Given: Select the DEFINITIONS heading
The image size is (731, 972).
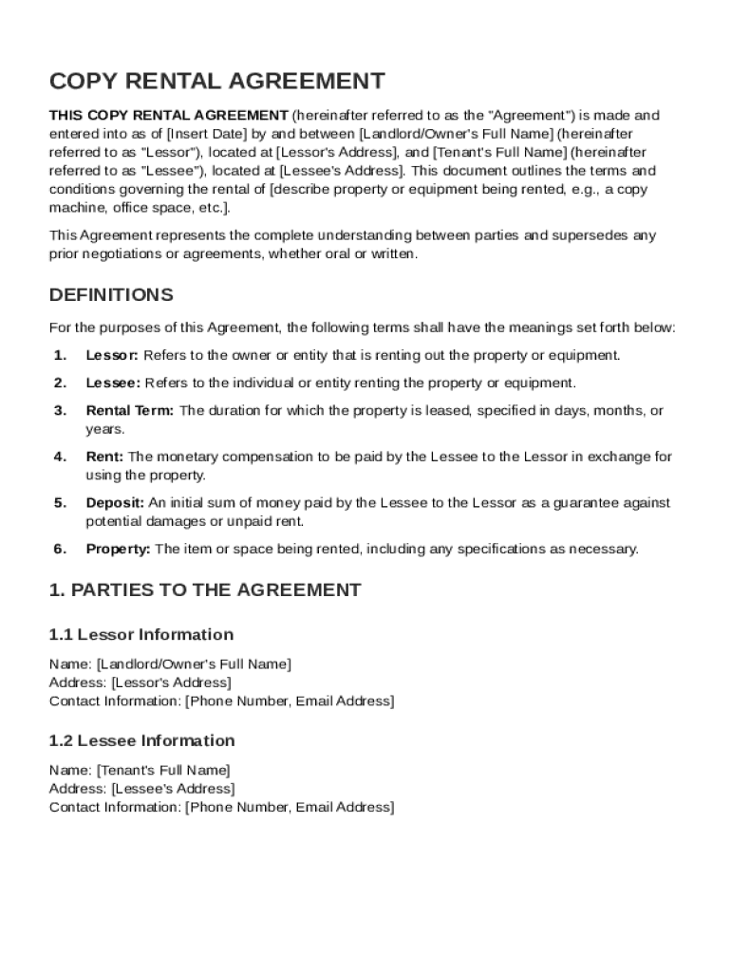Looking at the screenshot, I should [x=111, y=294].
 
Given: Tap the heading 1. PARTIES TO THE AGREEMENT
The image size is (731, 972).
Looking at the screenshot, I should [x=205, y=589].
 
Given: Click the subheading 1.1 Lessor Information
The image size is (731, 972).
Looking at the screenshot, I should [x=141, y=634].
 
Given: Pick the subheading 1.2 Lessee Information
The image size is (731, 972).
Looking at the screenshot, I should [x=141, y=740].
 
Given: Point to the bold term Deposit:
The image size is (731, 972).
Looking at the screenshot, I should [x=115, y=502].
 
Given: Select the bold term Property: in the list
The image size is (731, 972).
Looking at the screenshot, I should [x=118, y=549].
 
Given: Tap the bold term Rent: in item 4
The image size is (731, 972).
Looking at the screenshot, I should [x=104, y=457].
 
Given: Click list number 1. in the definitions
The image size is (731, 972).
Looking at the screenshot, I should [x=60, y=355].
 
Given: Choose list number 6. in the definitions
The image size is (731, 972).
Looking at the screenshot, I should [x=60, y=549].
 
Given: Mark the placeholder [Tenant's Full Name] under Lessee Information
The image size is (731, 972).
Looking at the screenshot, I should [x=163, y=770].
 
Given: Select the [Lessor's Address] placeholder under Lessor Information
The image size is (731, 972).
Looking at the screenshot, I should [x=171, y=682].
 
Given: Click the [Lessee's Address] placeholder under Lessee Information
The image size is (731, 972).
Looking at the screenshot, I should [x=173, y=788].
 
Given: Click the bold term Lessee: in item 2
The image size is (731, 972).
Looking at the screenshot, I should [x=113, y=383].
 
